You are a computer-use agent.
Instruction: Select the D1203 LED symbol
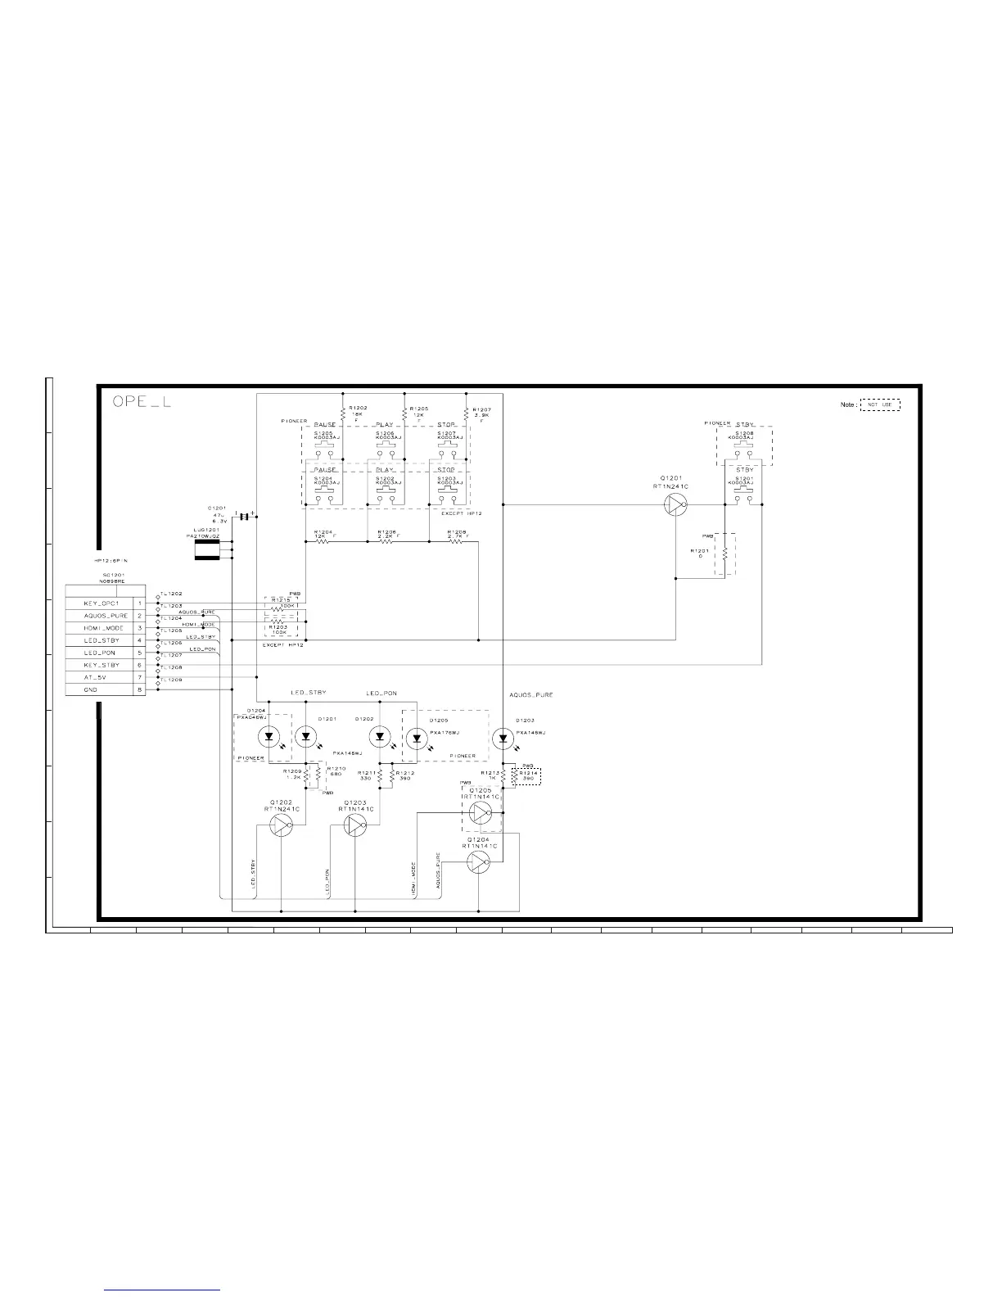[503, 738]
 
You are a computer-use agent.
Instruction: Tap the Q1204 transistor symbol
[478, 861]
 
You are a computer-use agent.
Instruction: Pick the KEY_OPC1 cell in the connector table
[102, 603]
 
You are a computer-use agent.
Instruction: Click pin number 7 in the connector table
[140, 678]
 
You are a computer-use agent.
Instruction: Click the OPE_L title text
[141, 402]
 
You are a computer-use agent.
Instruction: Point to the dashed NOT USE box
[879, 404]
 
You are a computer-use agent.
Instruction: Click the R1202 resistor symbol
[343, 415]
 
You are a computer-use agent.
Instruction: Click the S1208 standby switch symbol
[744, 450]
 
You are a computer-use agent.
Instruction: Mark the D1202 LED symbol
[380, 737]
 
